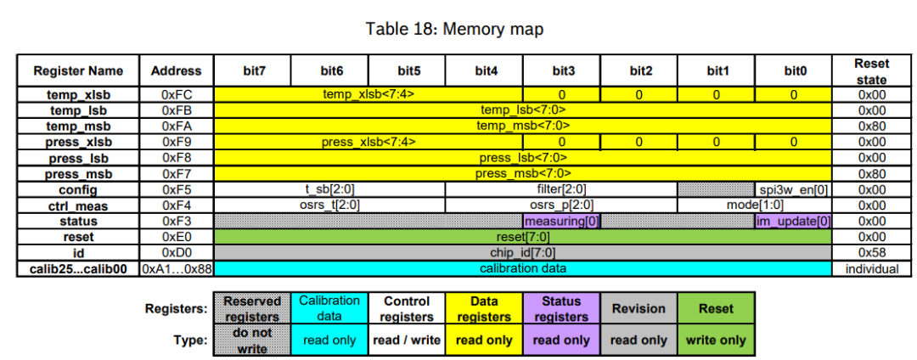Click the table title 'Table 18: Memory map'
tap(454, 29)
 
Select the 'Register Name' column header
tap(78, 70)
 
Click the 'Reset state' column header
tap(872, 70)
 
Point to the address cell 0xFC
tap(177, 94)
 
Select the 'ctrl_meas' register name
tap(78, 205)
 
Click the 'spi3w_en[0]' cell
tap(792, 189)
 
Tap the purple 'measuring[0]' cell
tap(562, 221)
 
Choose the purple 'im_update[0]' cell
tap(793, 221)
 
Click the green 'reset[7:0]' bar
tap(522, 236)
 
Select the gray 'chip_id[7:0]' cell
tap(522, 252)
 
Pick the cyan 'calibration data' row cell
tap(522, 268)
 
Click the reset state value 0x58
tap(872, 252)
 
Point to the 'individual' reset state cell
tap(872, 268)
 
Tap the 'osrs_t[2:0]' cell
tap(329, 205)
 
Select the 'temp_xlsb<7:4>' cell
tap(368, 94)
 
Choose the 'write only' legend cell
tap(716, 340)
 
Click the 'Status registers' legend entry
tap(561, 308)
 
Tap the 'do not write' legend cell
tap(252, 340)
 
